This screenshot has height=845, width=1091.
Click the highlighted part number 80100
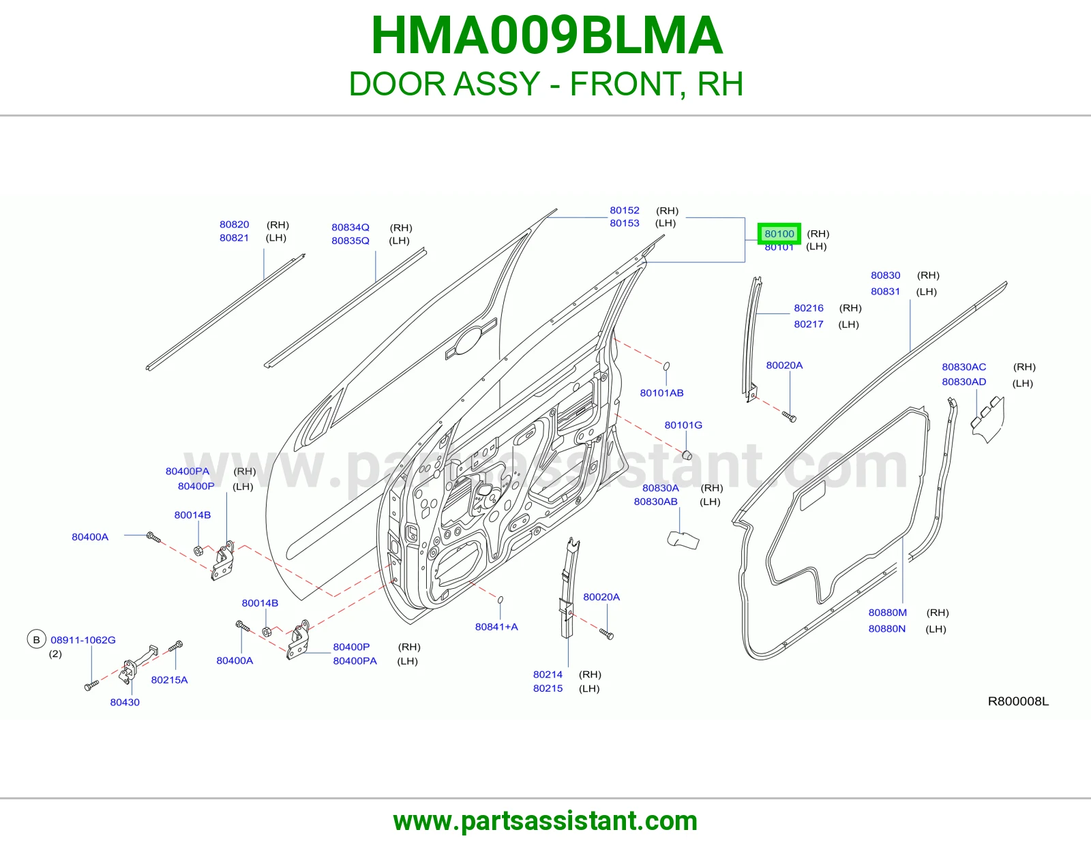(779, 234)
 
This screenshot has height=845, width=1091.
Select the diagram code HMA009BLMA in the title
(547, 35)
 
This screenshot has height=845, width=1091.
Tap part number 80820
(234, 224)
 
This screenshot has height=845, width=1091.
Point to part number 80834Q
(350, 228)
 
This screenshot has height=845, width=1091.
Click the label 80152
(625, 211)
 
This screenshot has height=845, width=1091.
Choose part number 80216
(808, 308)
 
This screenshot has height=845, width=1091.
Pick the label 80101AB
(661, 393)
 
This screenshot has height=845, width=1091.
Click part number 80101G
(683, 425)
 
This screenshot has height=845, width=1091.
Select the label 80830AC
(964, 367)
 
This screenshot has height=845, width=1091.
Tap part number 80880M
(888, 613)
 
